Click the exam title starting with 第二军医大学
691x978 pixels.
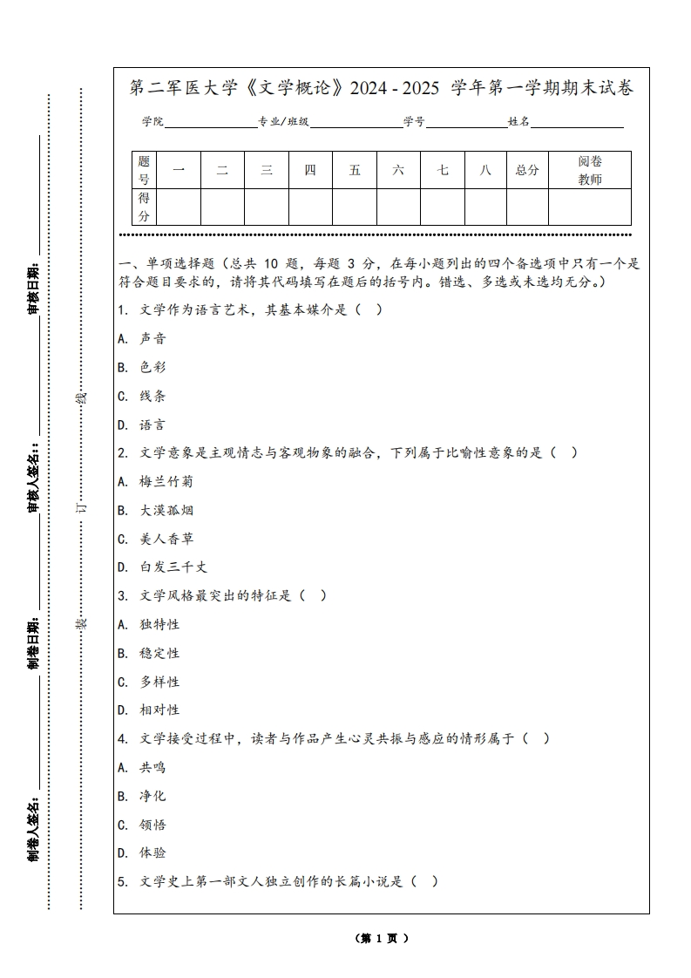pos(382,88)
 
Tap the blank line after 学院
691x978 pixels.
pos(210,123)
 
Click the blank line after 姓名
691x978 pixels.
pos(577,123)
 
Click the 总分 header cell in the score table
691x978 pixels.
pos(527,170)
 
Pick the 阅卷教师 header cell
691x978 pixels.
pos(590,170)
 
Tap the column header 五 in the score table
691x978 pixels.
pos(355,170)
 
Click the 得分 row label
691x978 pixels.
pos(144,207)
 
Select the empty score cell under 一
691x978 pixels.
pos(179,207)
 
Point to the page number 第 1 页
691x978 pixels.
pos(382,939)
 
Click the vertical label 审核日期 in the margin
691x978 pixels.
pos(33,288)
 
